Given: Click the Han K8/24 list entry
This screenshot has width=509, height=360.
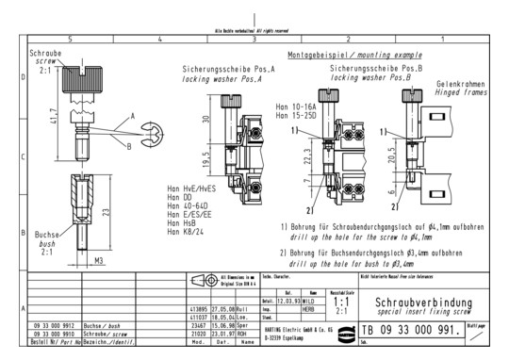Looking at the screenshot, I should [x=191, y=229].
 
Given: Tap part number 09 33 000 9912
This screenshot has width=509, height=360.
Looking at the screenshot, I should [x=54, y=322].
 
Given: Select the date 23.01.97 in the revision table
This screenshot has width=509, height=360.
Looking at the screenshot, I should [x=222, y=331].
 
